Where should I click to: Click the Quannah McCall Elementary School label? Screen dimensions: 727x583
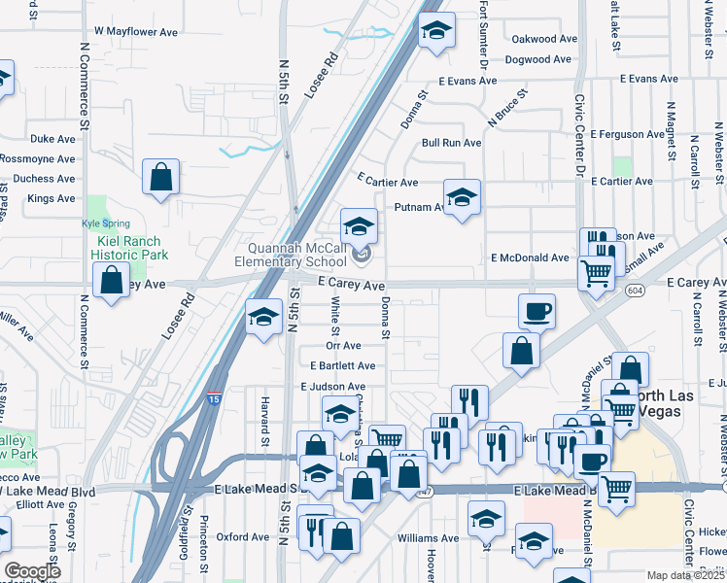coord(297,254)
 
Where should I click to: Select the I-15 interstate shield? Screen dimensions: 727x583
coord(213,398)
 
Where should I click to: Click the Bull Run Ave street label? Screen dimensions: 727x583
coord(451,143)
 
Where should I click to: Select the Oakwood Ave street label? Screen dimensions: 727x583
coord(544,39)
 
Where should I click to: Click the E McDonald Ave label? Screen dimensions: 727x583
coord(530,257)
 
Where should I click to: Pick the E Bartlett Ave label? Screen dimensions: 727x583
coord(342,366)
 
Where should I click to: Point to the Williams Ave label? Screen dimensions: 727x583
coord(428,537)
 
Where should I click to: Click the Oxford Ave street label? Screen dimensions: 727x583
coord(242,536)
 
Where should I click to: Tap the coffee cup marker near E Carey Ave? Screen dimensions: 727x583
coord(537,312)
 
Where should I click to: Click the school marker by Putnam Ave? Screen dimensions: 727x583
coord(463,197)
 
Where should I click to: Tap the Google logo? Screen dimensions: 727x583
coord(32,571)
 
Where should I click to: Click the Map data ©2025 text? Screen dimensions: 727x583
coord(684,575)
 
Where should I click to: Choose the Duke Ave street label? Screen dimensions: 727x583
coord(52,139)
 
